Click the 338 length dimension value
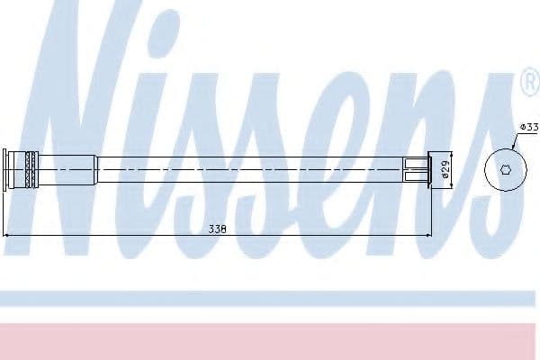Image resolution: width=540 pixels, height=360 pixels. (x=217, y=229)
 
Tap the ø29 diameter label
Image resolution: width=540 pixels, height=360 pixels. (x=445, y=169)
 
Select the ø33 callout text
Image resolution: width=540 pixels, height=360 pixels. (x=528, y=127)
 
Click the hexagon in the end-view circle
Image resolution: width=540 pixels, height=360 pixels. (x=506, y=170)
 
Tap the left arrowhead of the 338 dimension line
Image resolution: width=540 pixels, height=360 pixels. (x=5, y=236)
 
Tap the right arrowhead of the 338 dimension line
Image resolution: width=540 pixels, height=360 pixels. (x=428, y=236)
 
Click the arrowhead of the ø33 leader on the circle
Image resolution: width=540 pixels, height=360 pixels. (x=513, y=148)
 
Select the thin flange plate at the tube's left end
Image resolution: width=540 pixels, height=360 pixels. (x=4, y=169)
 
